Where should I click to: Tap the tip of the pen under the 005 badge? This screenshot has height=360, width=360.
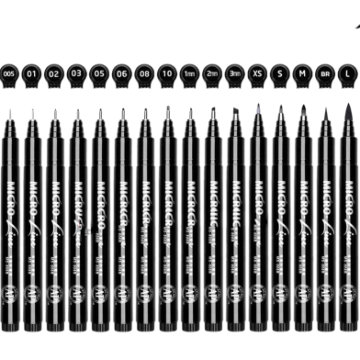tap(10, 110)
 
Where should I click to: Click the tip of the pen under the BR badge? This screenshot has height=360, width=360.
tap(326, 107)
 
